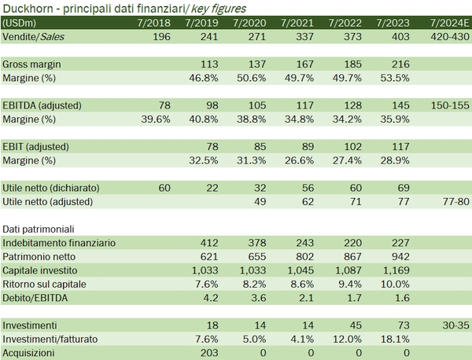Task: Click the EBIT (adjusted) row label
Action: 39,146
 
